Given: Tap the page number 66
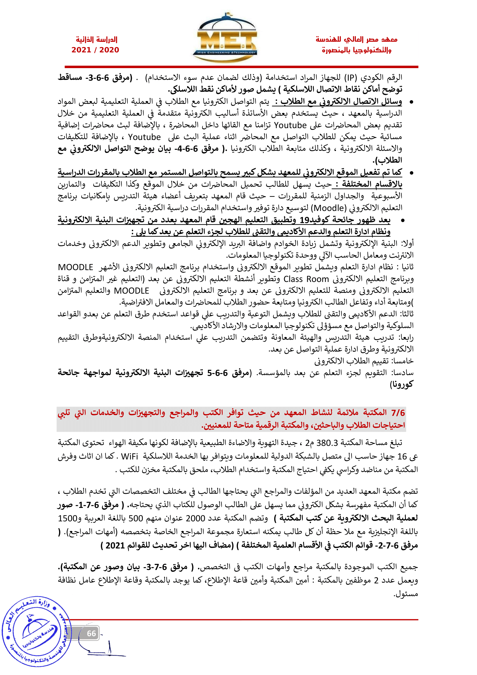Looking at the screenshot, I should pos(91,633).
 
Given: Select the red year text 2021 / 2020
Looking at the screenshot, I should pos(95,50).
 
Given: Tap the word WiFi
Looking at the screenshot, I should pos(129,457).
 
